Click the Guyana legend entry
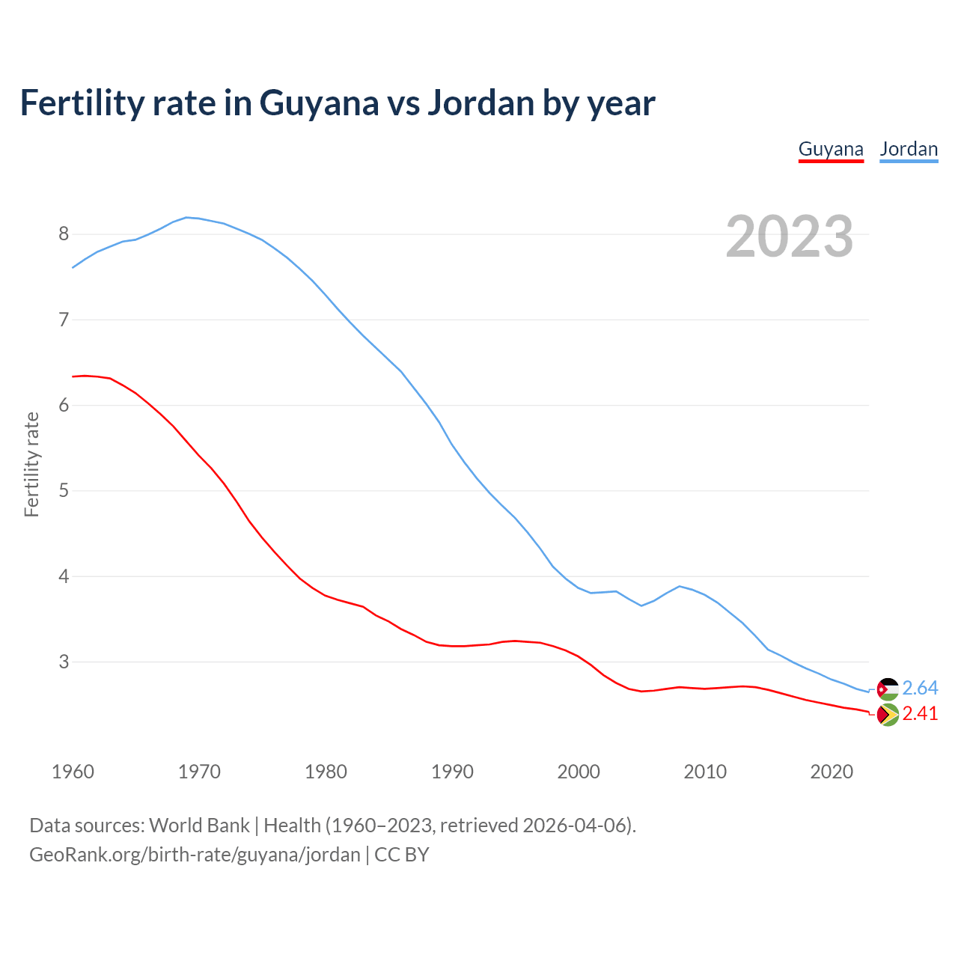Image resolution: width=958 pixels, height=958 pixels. tap(831, 149)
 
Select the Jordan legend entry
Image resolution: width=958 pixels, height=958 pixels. tap(909, 149)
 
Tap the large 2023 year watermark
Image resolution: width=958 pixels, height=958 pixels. tap(790, 237)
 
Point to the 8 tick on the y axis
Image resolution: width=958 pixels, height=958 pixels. tap(64, 234)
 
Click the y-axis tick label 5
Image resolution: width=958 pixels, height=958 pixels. tap(64, 491)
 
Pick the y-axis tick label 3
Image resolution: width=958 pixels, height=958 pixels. tap(64, 662)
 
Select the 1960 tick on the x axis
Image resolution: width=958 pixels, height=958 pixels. tap(73, 772)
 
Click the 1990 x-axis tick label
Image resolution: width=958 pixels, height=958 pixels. tap(452, 772)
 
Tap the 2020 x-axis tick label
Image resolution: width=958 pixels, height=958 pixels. tap(832, 772)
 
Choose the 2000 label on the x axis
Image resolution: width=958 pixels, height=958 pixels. tap(579, 772)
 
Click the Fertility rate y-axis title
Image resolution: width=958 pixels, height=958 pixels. tap(31, 464)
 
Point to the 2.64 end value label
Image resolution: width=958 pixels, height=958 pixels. tap(920, 689)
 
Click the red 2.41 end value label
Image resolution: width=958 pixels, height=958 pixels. tap(920, 714)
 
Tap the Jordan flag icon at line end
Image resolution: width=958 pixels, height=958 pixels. tap(888, 689)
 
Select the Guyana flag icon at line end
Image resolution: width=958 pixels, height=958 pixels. tap(888, 716)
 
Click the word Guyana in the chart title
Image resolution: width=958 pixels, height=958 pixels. tap(319, 103)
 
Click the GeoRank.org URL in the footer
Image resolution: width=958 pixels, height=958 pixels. tap(195, 855)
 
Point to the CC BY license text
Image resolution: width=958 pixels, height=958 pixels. tap(402, 855)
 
